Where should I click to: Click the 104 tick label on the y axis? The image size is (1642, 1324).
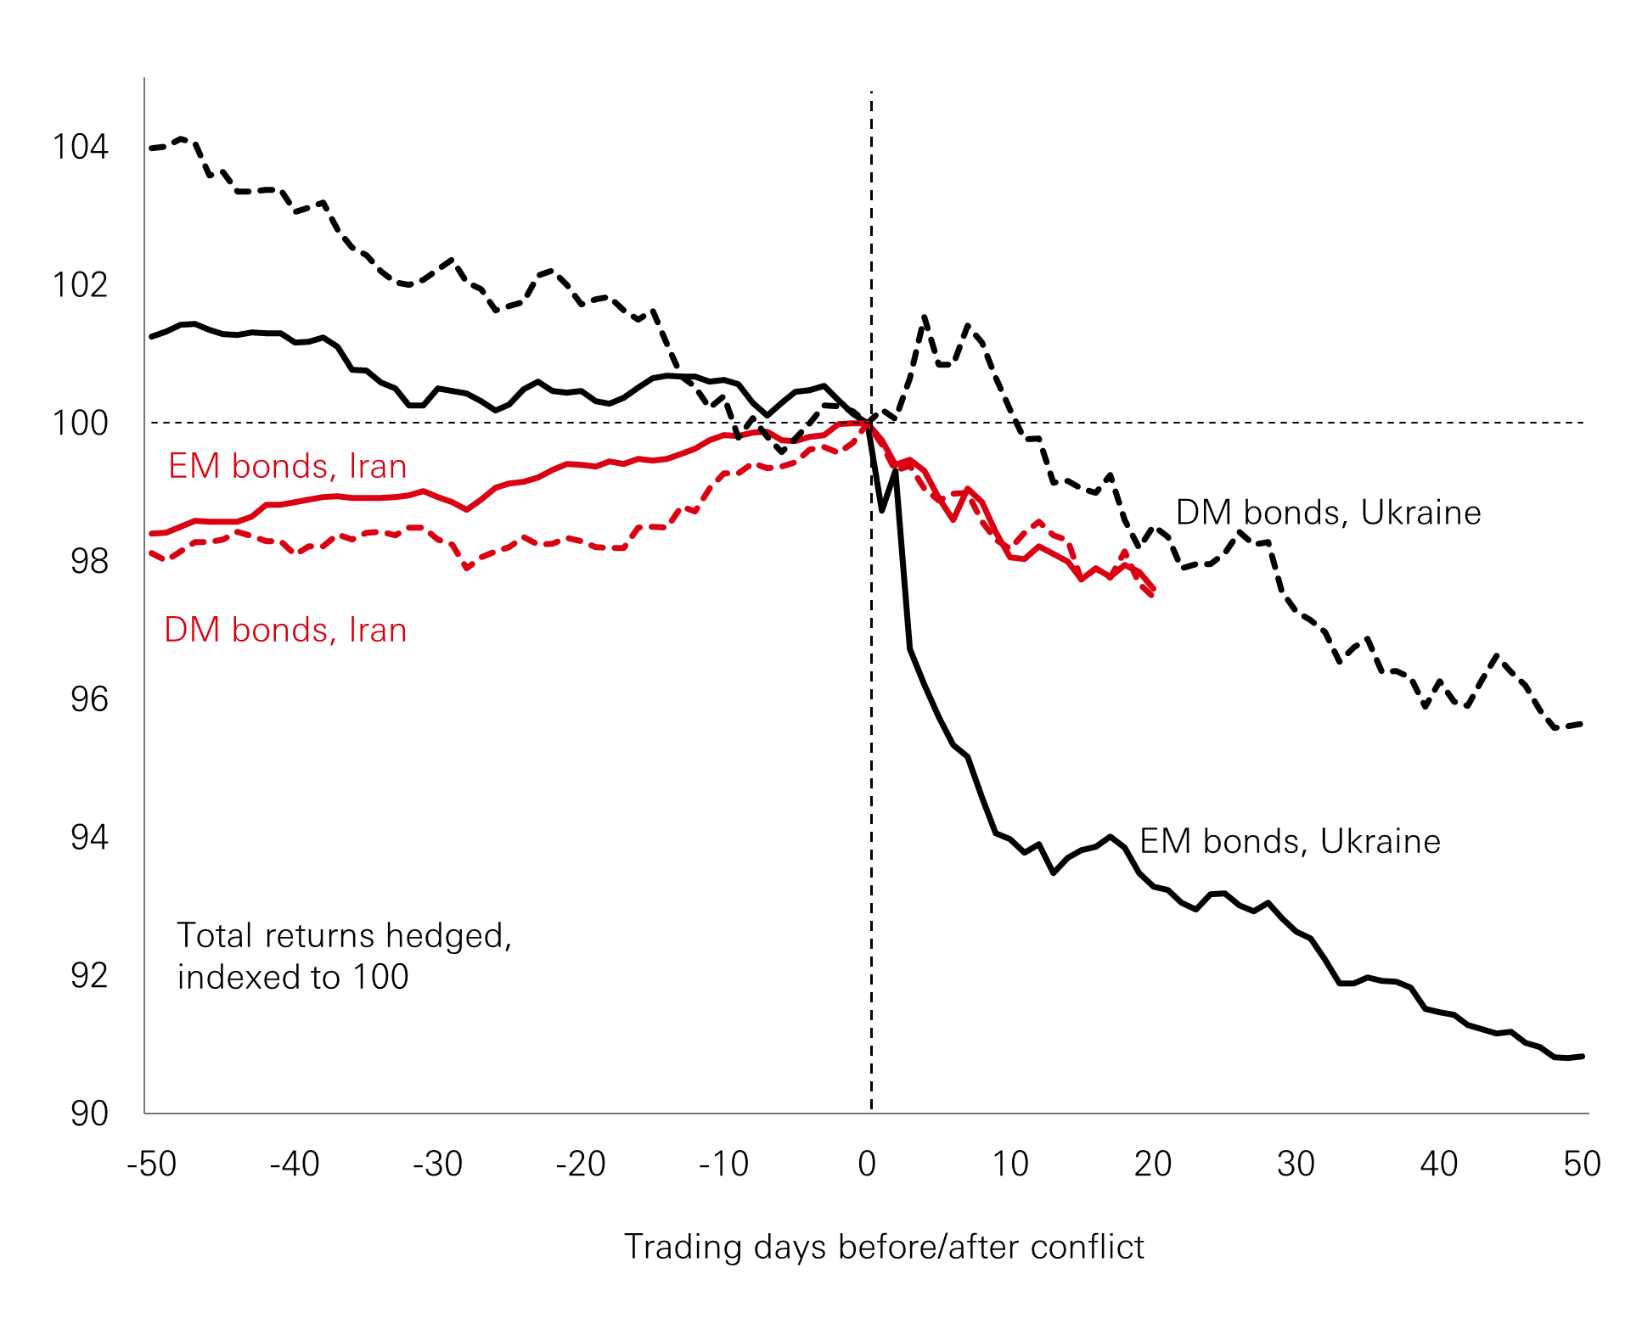81,147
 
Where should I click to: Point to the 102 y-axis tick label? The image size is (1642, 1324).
81,284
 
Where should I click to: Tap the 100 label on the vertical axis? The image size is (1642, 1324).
81,423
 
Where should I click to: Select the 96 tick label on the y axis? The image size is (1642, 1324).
89,699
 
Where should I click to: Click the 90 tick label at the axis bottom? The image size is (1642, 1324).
89,1114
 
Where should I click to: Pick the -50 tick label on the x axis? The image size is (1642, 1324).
151,1164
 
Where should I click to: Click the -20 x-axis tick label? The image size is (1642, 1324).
581,1164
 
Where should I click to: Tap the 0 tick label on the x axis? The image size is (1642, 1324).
867,1164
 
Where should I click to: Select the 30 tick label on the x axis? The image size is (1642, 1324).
1296,1164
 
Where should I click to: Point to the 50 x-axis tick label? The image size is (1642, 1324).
1582,1164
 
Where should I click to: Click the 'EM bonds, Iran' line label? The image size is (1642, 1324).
288,466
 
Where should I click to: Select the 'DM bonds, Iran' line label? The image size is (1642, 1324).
285,630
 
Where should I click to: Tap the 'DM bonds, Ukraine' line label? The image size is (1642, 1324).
1328,513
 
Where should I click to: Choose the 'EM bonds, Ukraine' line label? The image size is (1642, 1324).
1290,841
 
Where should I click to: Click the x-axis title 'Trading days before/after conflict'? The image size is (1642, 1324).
884,1247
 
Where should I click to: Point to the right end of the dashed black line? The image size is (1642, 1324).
1582,724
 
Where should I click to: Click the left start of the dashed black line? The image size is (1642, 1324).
151,149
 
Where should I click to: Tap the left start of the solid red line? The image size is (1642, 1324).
151,534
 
